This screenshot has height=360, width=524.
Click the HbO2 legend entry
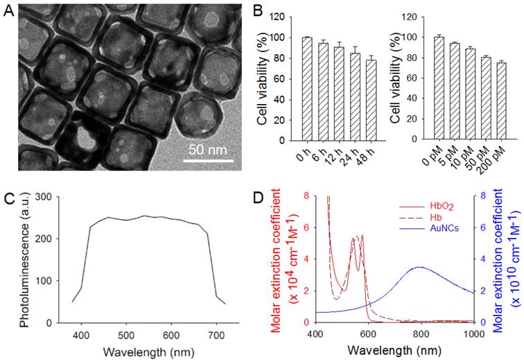coord(428,206)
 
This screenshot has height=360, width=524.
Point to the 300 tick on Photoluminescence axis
coord(63,197)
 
